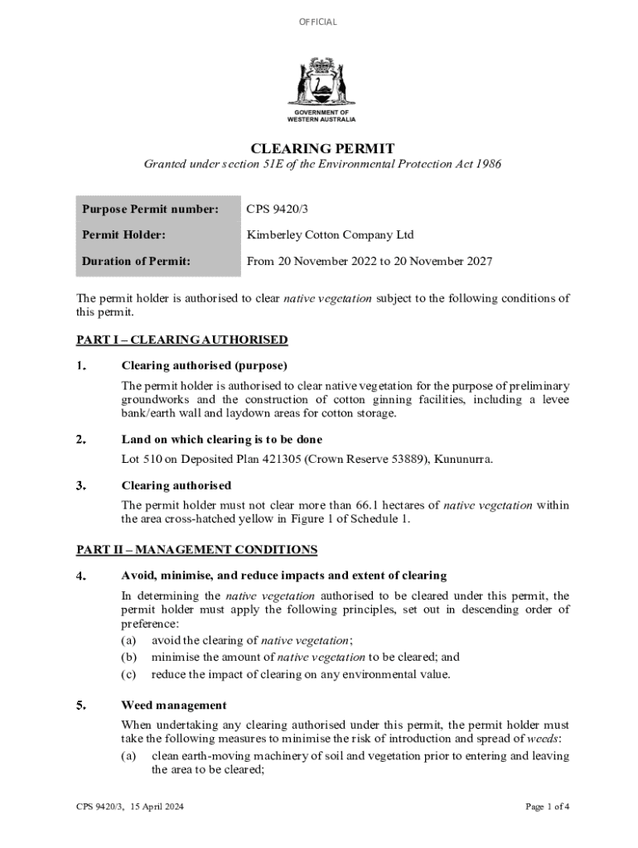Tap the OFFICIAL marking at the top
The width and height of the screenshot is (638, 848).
point(318,22)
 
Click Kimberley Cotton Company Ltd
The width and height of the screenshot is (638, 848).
point(330,235)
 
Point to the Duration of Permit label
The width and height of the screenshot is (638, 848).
point(136,261)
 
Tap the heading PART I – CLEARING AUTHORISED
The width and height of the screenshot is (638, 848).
point(182,340)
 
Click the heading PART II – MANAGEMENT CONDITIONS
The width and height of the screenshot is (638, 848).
point(196,549)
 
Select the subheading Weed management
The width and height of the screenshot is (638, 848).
point(174,706)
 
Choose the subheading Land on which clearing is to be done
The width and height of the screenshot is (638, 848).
point(221,440)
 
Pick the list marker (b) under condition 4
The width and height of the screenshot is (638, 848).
point(128,657)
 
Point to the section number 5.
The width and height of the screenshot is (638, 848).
point(82,706)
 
